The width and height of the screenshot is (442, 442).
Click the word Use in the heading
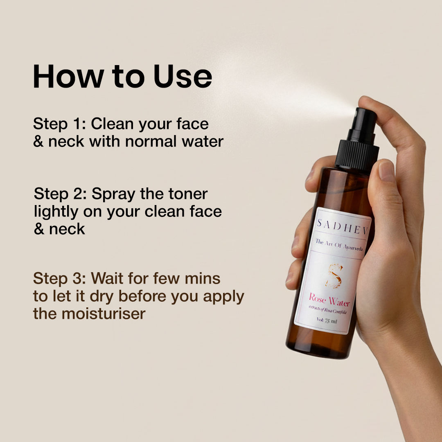183,77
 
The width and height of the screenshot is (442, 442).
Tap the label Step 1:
59,124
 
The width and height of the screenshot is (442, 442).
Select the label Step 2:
60,194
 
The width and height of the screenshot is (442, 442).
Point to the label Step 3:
59,279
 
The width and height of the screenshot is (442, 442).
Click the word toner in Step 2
188,194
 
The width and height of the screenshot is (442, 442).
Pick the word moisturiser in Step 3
104,314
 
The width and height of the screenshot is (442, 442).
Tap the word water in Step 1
203,142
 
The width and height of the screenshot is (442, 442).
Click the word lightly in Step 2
56,212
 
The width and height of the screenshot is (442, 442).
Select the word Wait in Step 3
107,279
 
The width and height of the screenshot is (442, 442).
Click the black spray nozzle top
363,124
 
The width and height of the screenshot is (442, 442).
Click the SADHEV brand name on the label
343,227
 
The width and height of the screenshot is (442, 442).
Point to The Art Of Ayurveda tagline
339,245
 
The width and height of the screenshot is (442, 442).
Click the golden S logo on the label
335,276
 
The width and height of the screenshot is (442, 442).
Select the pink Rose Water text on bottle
329,300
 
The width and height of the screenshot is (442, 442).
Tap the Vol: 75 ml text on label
327,320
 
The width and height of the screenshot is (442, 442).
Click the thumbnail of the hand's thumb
386,171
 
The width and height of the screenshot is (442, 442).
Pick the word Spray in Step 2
113,195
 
